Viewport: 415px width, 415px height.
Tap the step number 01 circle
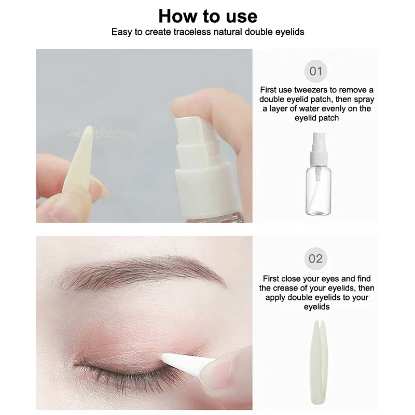315,71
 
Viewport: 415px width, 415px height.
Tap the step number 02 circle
315,258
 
